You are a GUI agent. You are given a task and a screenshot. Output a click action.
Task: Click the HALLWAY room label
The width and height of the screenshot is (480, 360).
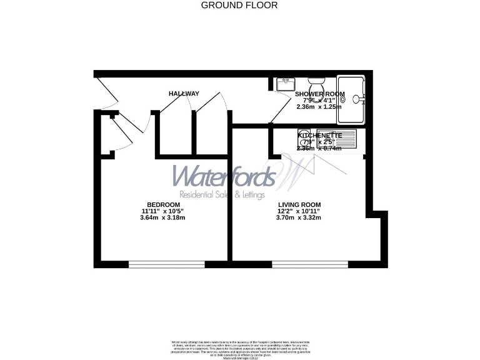point(184,94)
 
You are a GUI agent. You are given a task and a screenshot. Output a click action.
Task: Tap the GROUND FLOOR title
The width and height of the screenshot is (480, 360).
point(239,5)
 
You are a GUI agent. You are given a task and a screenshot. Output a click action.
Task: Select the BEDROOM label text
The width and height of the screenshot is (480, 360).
point(163,205)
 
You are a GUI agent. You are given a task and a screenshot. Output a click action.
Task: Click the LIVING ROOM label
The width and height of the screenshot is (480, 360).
point(299,205)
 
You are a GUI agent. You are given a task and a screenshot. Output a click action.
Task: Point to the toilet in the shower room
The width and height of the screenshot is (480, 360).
point(316,84)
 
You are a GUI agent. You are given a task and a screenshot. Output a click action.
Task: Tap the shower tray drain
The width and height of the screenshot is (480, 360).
point(356,98)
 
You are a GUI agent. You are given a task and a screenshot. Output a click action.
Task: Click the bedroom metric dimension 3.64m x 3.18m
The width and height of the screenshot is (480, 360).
point(163,217)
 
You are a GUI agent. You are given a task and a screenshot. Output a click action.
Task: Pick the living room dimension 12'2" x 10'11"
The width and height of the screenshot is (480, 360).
point(299,211)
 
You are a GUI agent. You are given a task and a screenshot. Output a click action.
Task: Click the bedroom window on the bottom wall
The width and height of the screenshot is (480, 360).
point(167,264)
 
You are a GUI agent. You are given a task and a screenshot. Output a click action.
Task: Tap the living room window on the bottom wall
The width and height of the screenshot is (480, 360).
point(309,264)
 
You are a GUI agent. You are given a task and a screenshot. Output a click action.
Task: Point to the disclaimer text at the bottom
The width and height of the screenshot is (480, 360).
point(239,347)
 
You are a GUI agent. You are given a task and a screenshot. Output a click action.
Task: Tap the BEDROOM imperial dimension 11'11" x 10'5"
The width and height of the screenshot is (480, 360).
point(163,211)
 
